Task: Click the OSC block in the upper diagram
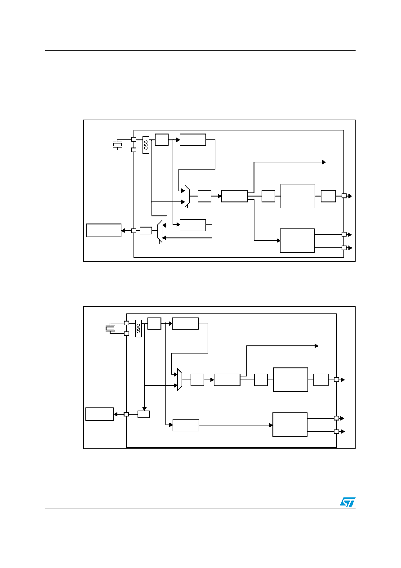click(x=146, y=145)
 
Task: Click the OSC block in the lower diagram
click(x=138, y=328)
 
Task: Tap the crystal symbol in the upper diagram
click(x=118, y=144)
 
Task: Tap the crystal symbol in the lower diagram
click(x=110, y=328)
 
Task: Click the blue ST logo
click(x=348, y=502)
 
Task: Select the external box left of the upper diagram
click(x=104, y=230)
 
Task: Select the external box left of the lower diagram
click(x=100, y=414)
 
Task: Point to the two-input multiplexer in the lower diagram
click(x=179, y=380)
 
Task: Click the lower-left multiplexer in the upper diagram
click(x=160, y=231)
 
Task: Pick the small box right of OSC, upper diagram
click(x=162, y=140)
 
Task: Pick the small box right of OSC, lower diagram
click(x=154, y=323)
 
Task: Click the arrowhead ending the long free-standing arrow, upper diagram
click(x=324, y=162)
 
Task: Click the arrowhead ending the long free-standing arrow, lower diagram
click(x=316, y=346)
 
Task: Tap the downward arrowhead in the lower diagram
click(x=144, y=409)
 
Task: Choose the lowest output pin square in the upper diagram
click(x=344, y=248)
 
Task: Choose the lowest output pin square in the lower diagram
click(x=336, y=432)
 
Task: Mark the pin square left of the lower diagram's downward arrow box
click(x=126, y=414)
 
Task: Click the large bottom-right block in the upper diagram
click(x=297, y=241)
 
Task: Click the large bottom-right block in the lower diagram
click(x=290, y=425)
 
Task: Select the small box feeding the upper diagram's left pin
click(x=146, y=231)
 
